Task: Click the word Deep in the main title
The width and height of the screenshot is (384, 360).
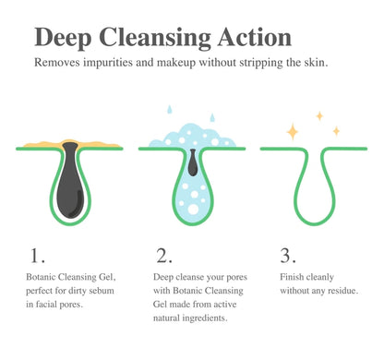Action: click(x=66, y=38)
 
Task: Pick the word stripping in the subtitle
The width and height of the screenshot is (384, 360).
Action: click(x=271, y=63)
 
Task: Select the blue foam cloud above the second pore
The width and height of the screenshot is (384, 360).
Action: click(x=191, y=139)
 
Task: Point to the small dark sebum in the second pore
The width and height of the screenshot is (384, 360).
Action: click(x=192, y=164)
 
